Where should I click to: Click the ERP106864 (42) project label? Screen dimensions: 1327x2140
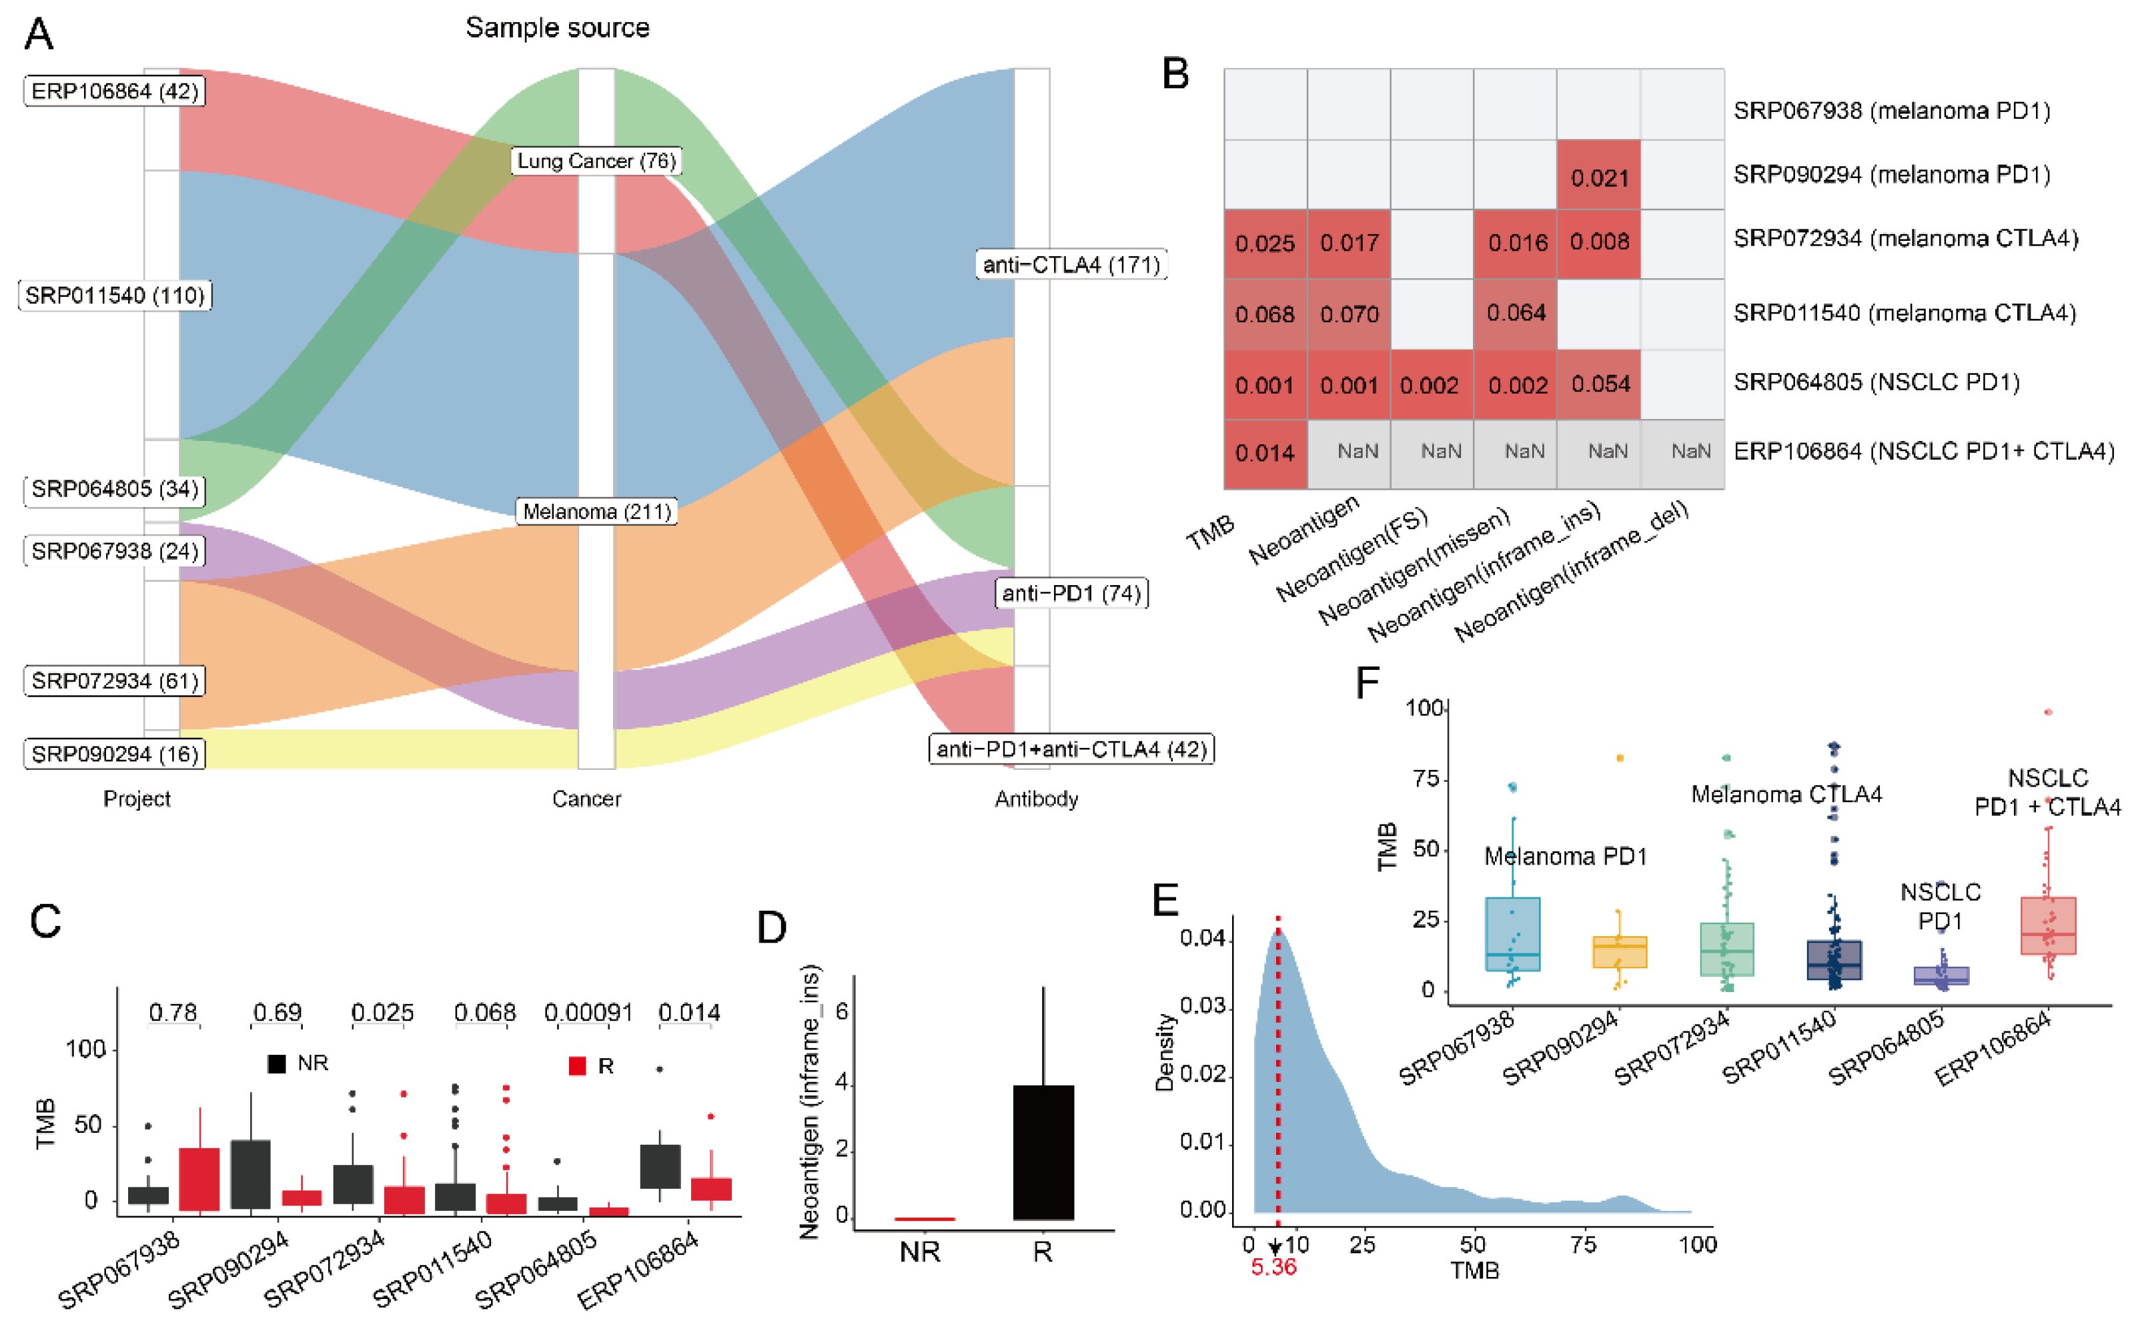coord(114,91)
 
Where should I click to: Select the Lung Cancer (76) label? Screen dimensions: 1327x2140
coord(596,161)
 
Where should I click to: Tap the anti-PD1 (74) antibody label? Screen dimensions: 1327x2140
coord(1071,593)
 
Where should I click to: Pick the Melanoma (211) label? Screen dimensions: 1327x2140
coord(596,512)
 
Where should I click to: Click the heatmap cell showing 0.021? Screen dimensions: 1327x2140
coord(1598,175)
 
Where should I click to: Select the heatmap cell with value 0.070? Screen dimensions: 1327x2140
coord(1349,314)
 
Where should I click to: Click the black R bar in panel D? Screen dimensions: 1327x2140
coord(1043,1152)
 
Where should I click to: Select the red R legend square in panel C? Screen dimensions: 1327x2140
coord(577,1065)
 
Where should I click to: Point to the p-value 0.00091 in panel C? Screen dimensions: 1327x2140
coord(588,1013)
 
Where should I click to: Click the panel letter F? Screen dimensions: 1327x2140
coord(1367,683)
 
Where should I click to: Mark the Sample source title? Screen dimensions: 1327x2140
coord(557,28)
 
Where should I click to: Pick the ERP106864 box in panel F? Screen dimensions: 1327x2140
coord(2047,925)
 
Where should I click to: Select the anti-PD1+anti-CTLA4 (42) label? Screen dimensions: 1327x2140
coord(1071,749)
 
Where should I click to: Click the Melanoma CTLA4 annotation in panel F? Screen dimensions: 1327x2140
coord(1786,795)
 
